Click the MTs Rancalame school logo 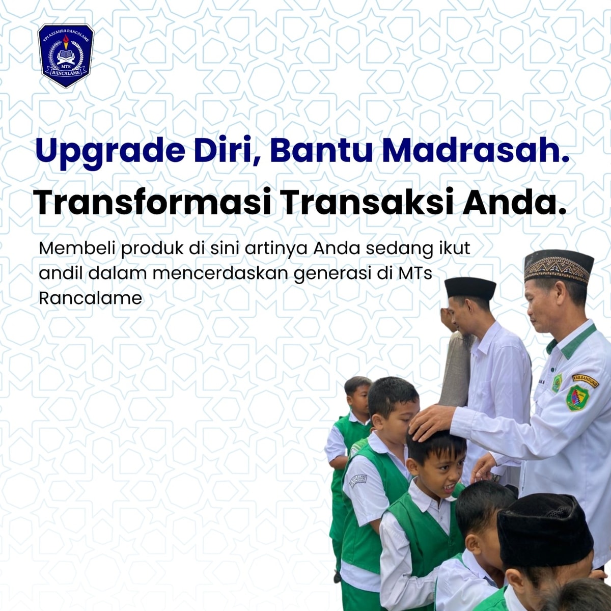66,56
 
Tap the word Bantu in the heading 321,150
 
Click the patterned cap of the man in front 558,266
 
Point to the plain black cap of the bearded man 470,288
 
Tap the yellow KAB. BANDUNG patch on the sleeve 586,381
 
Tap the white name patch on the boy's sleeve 358,481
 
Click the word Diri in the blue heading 228,151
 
